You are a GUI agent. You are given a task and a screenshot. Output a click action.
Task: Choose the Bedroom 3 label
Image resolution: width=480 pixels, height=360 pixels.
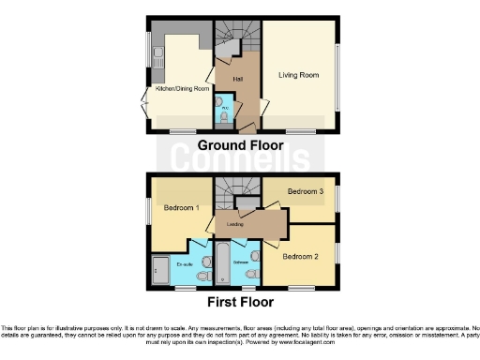(304, 192)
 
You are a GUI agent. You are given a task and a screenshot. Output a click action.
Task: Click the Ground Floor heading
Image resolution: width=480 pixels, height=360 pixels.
(239, 145)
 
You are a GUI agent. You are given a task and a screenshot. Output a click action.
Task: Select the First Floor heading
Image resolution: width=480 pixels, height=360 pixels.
(239, 303)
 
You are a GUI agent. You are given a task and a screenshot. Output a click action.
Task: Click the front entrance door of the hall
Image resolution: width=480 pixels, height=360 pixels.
(246, 125)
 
